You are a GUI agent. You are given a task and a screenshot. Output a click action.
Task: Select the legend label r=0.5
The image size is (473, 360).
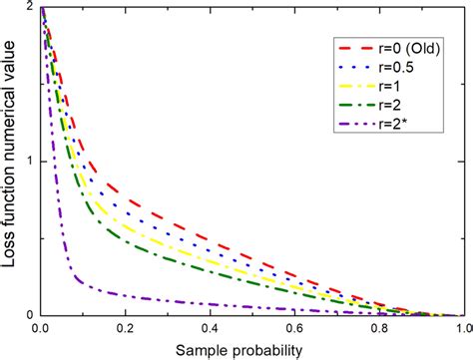(x=396, y=69)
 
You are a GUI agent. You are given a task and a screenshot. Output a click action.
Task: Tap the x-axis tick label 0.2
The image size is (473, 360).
(x=126, y=327)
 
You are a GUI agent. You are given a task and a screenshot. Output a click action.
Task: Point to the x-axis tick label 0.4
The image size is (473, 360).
(x=211, y=327)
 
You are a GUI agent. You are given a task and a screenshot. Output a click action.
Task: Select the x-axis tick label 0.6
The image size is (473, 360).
(x=294, y=327)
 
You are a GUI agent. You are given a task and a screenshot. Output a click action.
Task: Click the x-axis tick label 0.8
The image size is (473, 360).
(x=379, y=327)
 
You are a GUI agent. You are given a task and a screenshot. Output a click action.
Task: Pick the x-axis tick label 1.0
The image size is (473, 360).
(x=462, y=327)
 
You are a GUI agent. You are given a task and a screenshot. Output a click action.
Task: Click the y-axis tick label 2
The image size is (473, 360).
(x=30, y=8)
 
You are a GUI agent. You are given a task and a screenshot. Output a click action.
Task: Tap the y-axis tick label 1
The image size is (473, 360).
(x=30, y=162)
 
